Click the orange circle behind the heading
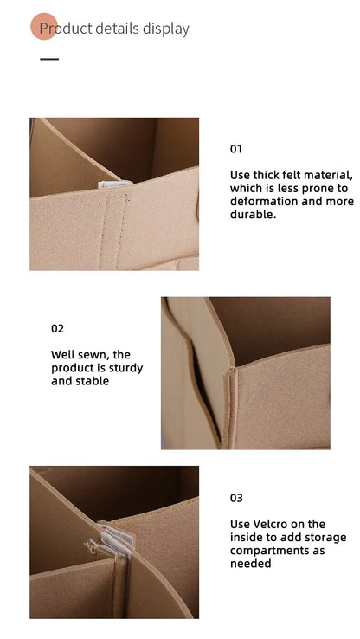[x=44, y=27]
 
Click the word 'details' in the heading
[x=118, y=29]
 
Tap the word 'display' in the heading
[x=166, y=29]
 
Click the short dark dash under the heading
[x=49, y=59]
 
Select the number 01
[x=235, y=149]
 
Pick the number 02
[x=57, y=328]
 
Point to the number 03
[x=236, y=498]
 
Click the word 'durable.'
[x=253, y=214]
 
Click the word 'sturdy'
[x=125, y=368]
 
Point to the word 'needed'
[x=250, y=564]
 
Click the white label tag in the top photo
[x=114, y=184]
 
